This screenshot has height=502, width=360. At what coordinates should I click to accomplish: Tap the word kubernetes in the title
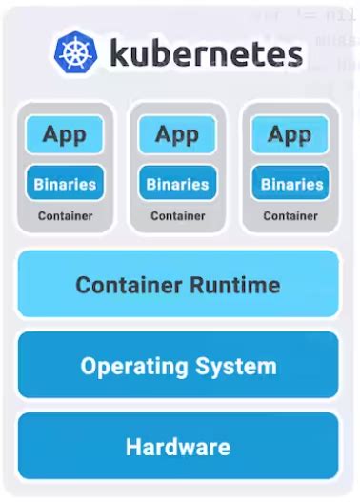pyautogui.click(x=206, y=53)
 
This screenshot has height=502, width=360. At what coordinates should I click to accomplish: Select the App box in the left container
pyautogui.click(x=66, y=134)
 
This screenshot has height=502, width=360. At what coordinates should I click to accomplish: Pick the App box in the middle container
pyautogui.click(x=178, y=134)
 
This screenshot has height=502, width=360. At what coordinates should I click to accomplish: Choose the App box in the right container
pyautogui.click(x=290, y=134)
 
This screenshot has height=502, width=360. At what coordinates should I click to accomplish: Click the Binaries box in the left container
pyautogui.click(x=66, y=183)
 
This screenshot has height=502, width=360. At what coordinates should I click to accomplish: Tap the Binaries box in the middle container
pyautogui.click(x=178, y=183)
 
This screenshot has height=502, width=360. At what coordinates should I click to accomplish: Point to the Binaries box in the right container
pyautogui.click(x=290, y=183)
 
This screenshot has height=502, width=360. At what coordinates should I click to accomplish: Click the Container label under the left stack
pyautogui.click(x=66, y=216)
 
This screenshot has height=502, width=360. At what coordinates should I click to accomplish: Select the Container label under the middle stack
pyautogui.click(x=178, y=216)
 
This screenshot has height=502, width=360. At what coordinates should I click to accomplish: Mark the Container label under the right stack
pyautogui.click(x=290, y=216)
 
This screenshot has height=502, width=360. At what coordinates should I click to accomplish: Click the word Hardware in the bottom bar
pyautogui.click(x=178, y=447)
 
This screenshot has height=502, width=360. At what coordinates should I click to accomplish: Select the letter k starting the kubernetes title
pyautogui.click(x=118, y=53)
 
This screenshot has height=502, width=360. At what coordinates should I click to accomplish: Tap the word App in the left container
pyautogui.click(x=66, y=134)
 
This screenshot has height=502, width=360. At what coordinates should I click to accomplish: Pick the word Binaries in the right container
pyautogui.click(x=290, y=183)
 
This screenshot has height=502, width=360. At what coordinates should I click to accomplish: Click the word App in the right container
pyautogui.click(x=290, y=134)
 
